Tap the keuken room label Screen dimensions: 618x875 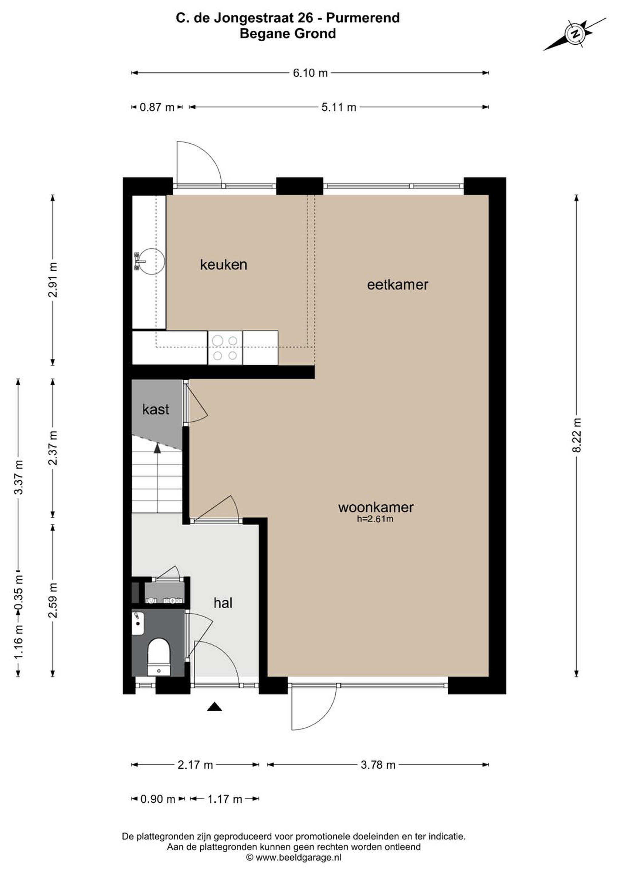(223, 265)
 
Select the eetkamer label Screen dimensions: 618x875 (398, 285)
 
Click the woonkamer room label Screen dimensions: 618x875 (376, 507)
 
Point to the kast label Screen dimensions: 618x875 (155, 409)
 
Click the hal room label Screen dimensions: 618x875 (223, 603)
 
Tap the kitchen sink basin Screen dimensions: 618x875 (151, 261)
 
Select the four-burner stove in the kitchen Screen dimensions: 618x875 (225, 348)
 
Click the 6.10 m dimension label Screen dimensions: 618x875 (310, 73)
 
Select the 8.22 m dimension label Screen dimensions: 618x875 (577, 435)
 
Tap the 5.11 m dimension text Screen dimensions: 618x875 (338, 108)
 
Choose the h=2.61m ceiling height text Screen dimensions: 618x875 (375, 519)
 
